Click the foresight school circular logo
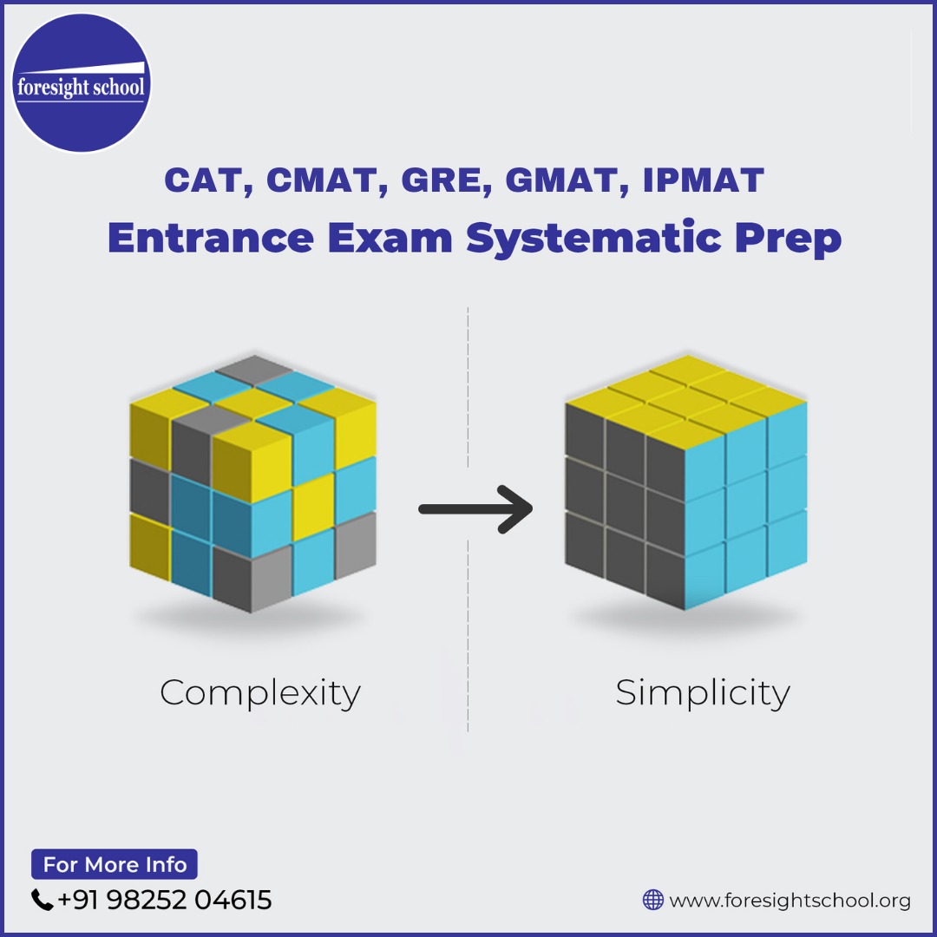(x=82, y=83)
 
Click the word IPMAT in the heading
(x=704, y=180)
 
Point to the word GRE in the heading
(x=442, y=180)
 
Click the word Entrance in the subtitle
(x=211, y=237)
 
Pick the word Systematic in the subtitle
(x=594, y=239)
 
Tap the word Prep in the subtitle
(x=788, y=239)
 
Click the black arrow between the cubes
(x=475, y=509)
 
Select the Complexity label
(x=260, y=693)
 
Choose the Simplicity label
(x=703, y=693)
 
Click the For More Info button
(x=115, y=864)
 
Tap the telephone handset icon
(x=42, y=900)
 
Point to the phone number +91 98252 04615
(x=164, y=900)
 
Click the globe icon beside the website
(x=653, y=900)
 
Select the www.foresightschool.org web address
(x=790, y=900)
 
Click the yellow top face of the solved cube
(x=686, y=397)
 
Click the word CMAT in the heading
(x=320, y=180)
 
